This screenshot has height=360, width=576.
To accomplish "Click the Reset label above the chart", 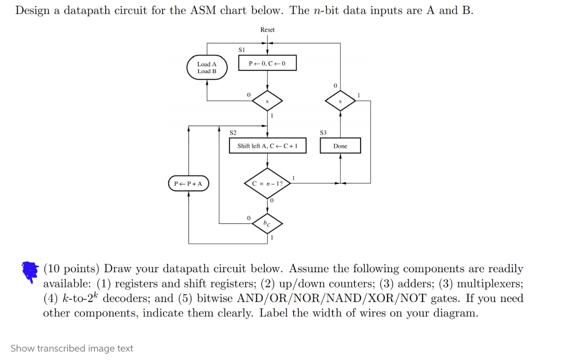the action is pos(267,30).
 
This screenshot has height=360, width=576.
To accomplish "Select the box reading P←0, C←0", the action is pos(267,63).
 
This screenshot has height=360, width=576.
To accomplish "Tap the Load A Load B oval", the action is pos(207,67).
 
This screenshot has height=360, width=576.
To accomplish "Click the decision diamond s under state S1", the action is pos(267,101).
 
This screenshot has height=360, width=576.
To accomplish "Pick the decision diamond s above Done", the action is pos(340,101).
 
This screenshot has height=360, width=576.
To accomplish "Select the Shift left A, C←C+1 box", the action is pos(267,146).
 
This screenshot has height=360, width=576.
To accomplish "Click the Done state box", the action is pos(340,146).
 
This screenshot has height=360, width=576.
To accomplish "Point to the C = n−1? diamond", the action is pos(267,183).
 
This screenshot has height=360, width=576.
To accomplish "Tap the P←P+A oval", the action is pos(188,183).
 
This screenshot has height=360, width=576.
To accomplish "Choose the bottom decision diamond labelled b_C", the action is pos(267,223).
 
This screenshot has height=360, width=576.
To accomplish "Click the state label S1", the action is pos(241,49).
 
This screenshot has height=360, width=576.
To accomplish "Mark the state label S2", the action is pos(233,133).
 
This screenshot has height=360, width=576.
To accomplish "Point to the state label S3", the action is pos(323,133).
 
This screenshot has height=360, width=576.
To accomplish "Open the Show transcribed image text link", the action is pos(71,348).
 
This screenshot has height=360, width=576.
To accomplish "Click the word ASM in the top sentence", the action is pos(203,10).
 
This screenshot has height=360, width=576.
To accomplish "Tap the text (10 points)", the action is pos(71,269).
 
